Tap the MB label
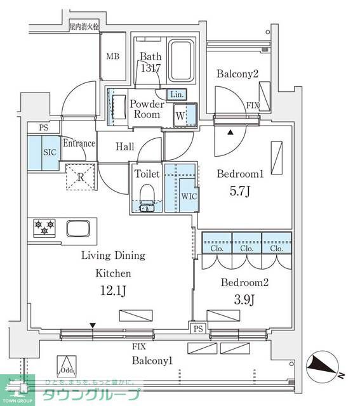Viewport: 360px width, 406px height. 112,56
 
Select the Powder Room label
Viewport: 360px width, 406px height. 145,109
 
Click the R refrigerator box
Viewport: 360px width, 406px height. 80,176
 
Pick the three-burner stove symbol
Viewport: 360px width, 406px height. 44,228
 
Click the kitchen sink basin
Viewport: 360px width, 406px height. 79,228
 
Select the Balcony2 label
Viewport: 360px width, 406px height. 237,74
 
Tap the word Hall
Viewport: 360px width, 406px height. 125,147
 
